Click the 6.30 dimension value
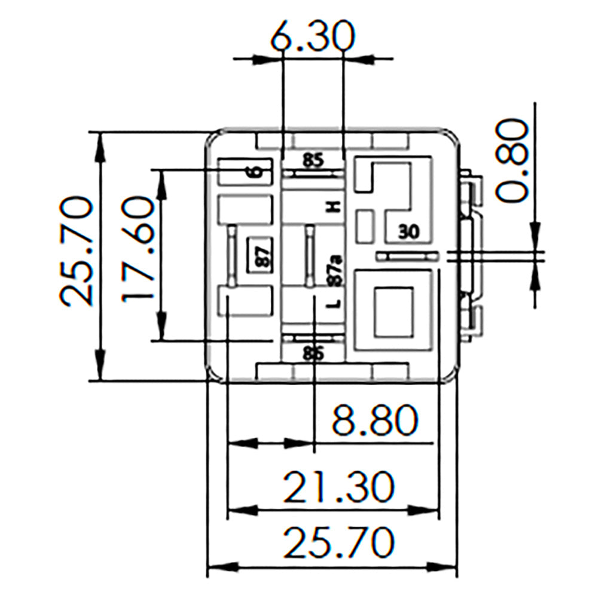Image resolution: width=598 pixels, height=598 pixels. [x=311, y=37]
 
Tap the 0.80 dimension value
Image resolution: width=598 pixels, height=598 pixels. [x=512, y=160]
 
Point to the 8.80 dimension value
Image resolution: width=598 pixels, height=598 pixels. [x=374, y=420]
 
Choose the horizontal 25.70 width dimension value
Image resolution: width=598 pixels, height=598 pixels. [x=338, y=542]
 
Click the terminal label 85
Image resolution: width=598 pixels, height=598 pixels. [x=312, y=160]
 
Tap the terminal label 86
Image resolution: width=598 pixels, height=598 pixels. [x=312, y=354]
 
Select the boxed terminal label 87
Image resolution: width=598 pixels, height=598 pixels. [x=261, y=255]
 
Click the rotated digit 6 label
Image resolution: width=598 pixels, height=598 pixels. [x=255, y=172]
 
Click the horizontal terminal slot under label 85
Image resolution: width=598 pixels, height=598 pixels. [x=313, y=173]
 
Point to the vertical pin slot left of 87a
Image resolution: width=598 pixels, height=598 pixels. [x=310, y=255]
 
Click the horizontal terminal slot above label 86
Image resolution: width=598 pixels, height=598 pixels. [x=313, y=338]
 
